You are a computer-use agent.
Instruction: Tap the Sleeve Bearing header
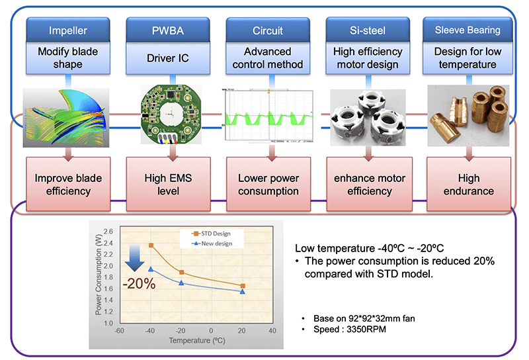(468, 30)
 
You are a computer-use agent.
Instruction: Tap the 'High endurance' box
(468, 184)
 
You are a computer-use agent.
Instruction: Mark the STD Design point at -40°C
(151, 246)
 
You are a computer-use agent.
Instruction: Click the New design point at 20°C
(243, 292)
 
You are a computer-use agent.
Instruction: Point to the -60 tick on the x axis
(119, 331)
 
